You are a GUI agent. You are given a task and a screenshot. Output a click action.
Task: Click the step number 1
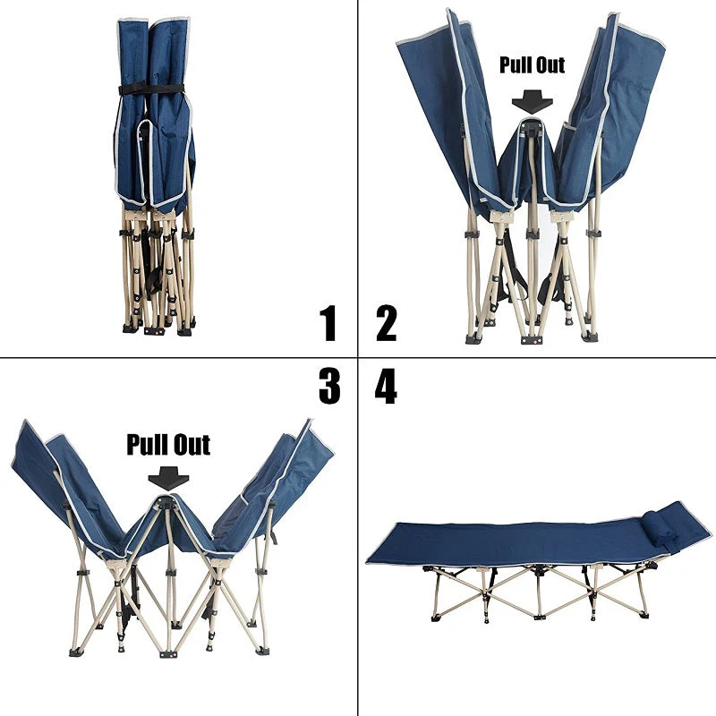(329, 324)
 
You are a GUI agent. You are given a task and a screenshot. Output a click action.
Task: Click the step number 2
(386, 324)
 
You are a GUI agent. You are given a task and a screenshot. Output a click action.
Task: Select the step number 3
(329, 387)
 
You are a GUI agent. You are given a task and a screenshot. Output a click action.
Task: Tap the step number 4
(386, 387)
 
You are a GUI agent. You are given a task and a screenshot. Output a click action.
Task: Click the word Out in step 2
(550, 65)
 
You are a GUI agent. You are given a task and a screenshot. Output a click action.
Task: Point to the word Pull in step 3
(147, 444)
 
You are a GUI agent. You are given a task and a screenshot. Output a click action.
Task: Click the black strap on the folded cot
(151, 89)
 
